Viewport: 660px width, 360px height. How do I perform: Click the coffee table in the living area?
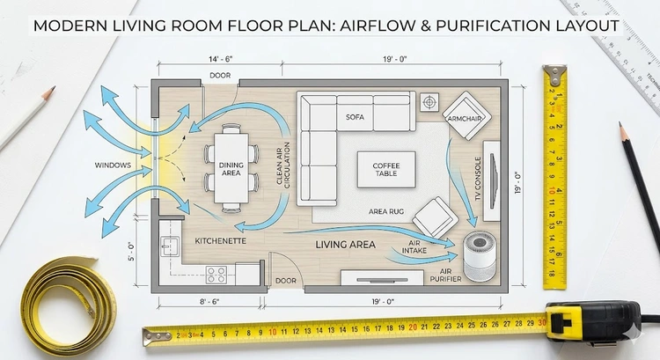click(386, 169)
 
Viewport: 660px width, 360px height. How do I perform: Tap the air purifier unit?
click(480, 257)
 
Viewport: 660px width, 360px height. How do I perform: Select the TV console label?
click(478, 179)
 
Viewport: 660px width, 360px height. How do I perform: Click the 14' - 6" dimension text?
click(220, 59)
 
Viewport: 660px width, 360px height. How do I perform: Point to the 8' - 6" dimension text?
click(209, 302)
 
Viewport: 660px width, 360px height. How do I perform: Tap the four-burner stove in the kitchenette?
click(216, 275)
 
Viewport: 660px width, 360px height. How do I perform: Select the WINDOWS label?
click(113, 165)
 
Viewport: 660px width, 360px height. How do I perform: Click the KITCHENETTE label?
click(220, 241)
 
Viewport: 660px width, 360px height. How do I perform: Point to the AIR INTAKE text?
click(414, 247)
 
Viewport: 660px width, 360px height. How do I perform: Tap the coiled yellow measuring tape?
click(69, 305)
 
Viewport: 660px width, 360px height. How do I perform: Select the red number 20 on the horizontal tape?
click(413, 327)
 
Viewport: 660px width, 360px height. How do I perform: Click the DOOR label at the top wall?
click(220, 76)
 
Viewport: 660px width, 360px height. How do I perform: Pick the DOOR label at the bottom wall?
click(286, 281)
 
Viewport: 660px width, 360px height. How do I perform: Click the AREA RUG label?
click(386, 211)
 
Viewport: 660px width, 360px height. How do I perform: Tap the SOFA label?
click(355, 117)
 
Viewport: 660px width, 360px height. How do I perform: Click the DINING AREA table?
click(231, 167)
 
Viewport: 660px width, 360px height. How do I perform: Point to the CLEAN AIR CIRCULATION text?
click(283, 165)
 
